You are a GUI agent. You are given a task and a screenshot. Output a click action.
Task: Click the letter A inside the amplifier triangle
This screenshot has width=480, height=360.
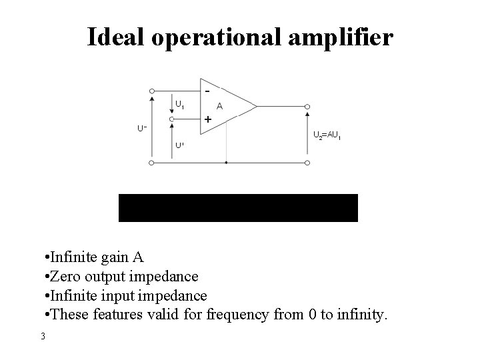(219, 105)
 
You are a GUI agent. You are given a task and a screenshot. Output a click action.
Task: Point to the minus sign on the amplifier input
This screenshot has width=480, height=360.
(207, 91)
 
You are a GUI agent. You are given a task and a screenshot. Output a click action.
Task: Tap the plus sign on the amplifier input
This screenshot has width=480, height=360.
(207, 119)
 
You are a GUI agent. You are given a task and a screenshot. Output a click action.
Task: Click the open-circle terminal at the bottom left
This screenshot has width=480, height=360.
(152, 162)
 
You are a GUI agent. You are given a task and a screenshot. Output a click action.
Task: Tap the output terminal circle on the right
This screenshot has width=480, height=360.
(307, 105)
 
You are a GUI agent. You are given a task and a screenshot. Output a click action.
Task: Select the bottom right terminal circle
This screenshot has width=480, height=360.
(307, 162)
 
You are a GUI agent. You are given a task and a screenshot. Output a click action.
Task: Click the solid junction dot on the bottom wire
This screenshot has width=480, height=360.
(227, 162)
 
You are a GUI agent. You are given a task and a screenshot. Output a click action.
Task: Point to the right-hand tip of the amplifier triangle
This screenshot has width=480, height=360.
(257, 105)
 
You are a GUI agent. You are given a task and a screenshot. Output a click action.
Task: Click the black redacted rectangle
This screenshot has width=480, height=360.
(238, 207)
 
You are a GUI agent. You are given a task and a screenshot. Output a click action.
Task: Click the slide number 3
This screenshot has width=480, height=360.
(43, 336)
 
